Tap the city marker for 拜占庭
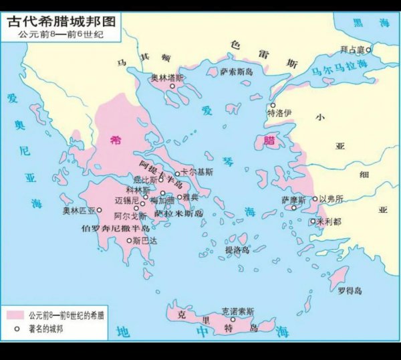pos(368,50)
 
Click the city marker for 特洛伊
pos(272,106)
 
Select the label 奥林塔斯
pos(167,78)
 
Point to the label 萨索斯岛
pos(237,71)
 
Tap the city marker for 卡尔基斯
pos(178,173)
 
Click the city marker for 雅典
pos(177,197)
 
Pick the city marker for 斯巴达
pos(129,240)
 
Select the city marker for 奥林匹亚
pos(100,210)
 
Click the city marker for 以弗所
pos(315,199)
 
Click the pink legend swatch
pos(16,314)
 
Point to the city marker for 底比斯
pos(161,180)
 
